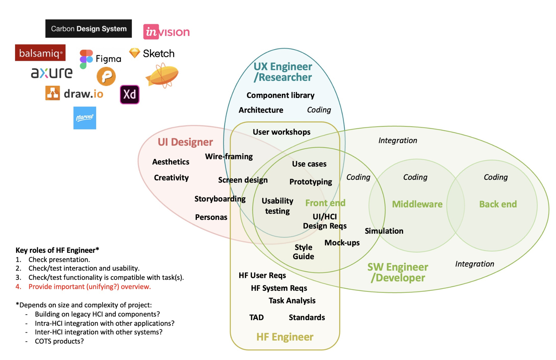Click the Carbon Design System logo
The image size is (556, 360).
pos(88,29)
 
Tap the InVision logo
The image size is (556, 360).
pos(167,32)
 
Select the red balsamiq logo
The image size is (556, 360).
pos(40,53)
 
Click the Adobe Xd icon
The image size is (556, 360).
pos(129,94)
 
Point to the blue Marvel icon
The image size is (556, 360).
pos(85,118)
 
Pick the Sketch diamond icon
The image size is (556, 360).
pos(134,53)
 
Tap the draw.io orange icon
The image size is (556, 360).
pos(52,93)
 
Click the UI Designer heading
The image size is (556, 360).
pos(185,142)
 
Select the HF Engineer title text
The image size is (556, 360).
pos(285,337)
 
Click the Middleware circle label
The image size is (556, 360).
pos(417,204)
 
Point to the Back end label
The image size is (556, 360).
pos(498,204)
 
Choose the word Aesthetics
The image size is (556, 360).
pos(171,162)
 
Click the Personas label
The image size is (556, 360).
pos(211,217)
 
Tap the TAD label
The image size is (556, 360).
pos(256,317)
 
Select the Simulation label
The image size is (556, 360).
pos(384,231)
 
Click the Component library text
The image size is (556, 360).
pos(280,95)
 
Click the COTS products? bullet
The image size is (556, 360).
pos(59,341)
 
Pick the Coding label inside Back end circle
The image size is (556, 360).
pos(495,177)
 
